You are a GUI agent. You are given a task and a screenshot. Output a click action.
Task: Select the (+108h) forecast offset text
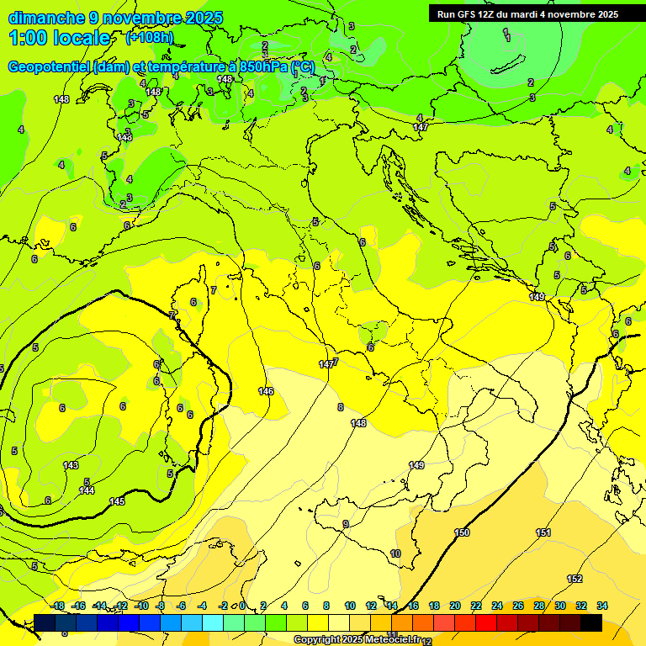(x=150, y=38)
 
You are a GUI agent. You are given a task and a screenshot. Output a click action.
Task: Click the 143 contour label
(x=71, y=465)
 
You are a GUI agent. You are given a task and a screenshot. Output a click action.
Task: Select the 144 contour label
(x=87, y=490)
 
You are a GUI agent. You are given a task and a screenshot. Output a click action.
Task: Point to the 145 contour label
(x=117, y=501)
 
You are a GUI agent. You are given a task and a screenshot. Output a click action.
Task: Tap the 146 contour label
(x=266, y=391)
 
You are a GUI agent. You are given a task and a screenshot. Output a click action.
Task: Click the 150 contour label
(x=462, y=532)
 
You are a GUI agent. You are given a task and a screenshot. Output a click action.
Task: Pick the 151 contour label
(x=543, y=532)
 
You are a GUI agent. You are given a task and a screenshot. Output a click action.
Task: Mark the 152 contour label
(x=575, y=579)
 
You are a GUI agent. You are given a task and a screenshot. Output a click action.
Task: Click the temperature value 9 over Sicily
(x=345, y=525)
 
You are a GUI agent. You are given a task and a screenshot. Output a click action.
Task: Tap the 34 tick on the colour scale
(x=602, y=606)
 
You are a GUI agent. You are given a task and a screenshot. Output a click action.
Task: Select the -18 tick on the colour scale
(x=57, y=606)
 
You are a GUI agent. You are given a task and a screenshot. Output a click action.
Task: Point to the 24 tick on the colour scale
(x=497, y=606)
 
